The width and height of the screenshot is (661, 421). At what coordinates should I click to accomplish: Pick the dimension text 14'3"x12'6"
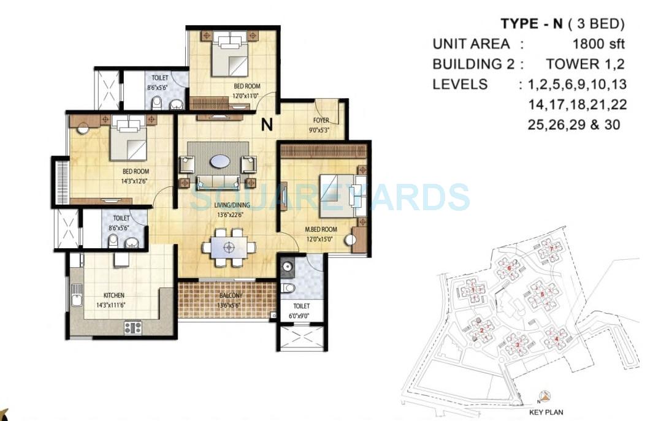coord(136,181)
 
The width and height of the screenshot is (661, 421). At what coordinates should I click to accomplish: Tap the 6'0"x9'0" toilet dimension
coord(301,316)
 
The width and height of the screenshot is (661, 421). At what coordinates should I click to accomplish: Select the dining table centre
coord(229,248)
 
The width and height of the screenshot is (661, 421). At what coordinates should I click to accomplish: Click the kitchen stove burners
coord(133,328)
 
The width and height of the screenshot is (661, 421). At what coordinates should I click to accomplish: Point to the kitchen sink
coord(76,300)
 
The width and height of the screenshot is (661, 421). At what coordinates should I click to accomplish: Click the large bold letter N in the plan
coord(267,125)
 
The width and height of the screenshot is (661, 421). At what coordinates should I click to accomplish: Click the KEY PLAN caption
coord(546,412)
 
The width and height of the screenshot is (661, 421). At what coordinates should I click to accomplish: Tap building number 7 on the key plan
coord(552,249)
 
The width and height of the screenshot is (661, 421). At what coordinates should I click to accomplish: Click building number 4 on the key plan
coord(556,338)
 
